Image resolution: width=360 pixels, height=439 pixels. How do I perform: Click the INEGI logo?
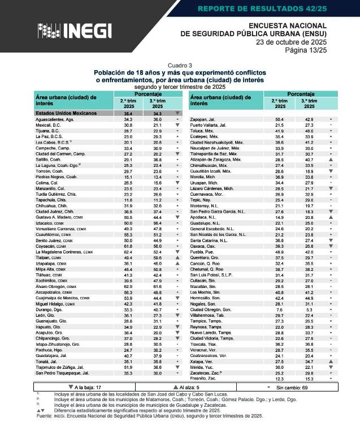click(x=74, y=31)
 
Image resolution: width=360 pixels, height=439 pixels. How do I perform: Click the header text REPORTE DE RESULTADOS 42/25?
click(x=271, y=8)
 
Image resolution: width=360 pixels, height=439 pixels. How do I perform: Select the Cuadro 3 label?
click(x=180, y=66)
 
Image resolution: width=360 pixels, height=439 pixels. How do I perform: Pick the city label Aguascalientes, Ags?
click(x=55, y=120)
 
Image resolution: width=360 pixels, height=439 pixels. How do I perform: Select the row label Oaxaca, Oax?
click(x=205, y=246)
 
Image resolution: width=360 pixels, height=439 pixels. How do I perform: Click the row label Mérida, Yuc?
click(x=203, y=367)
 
